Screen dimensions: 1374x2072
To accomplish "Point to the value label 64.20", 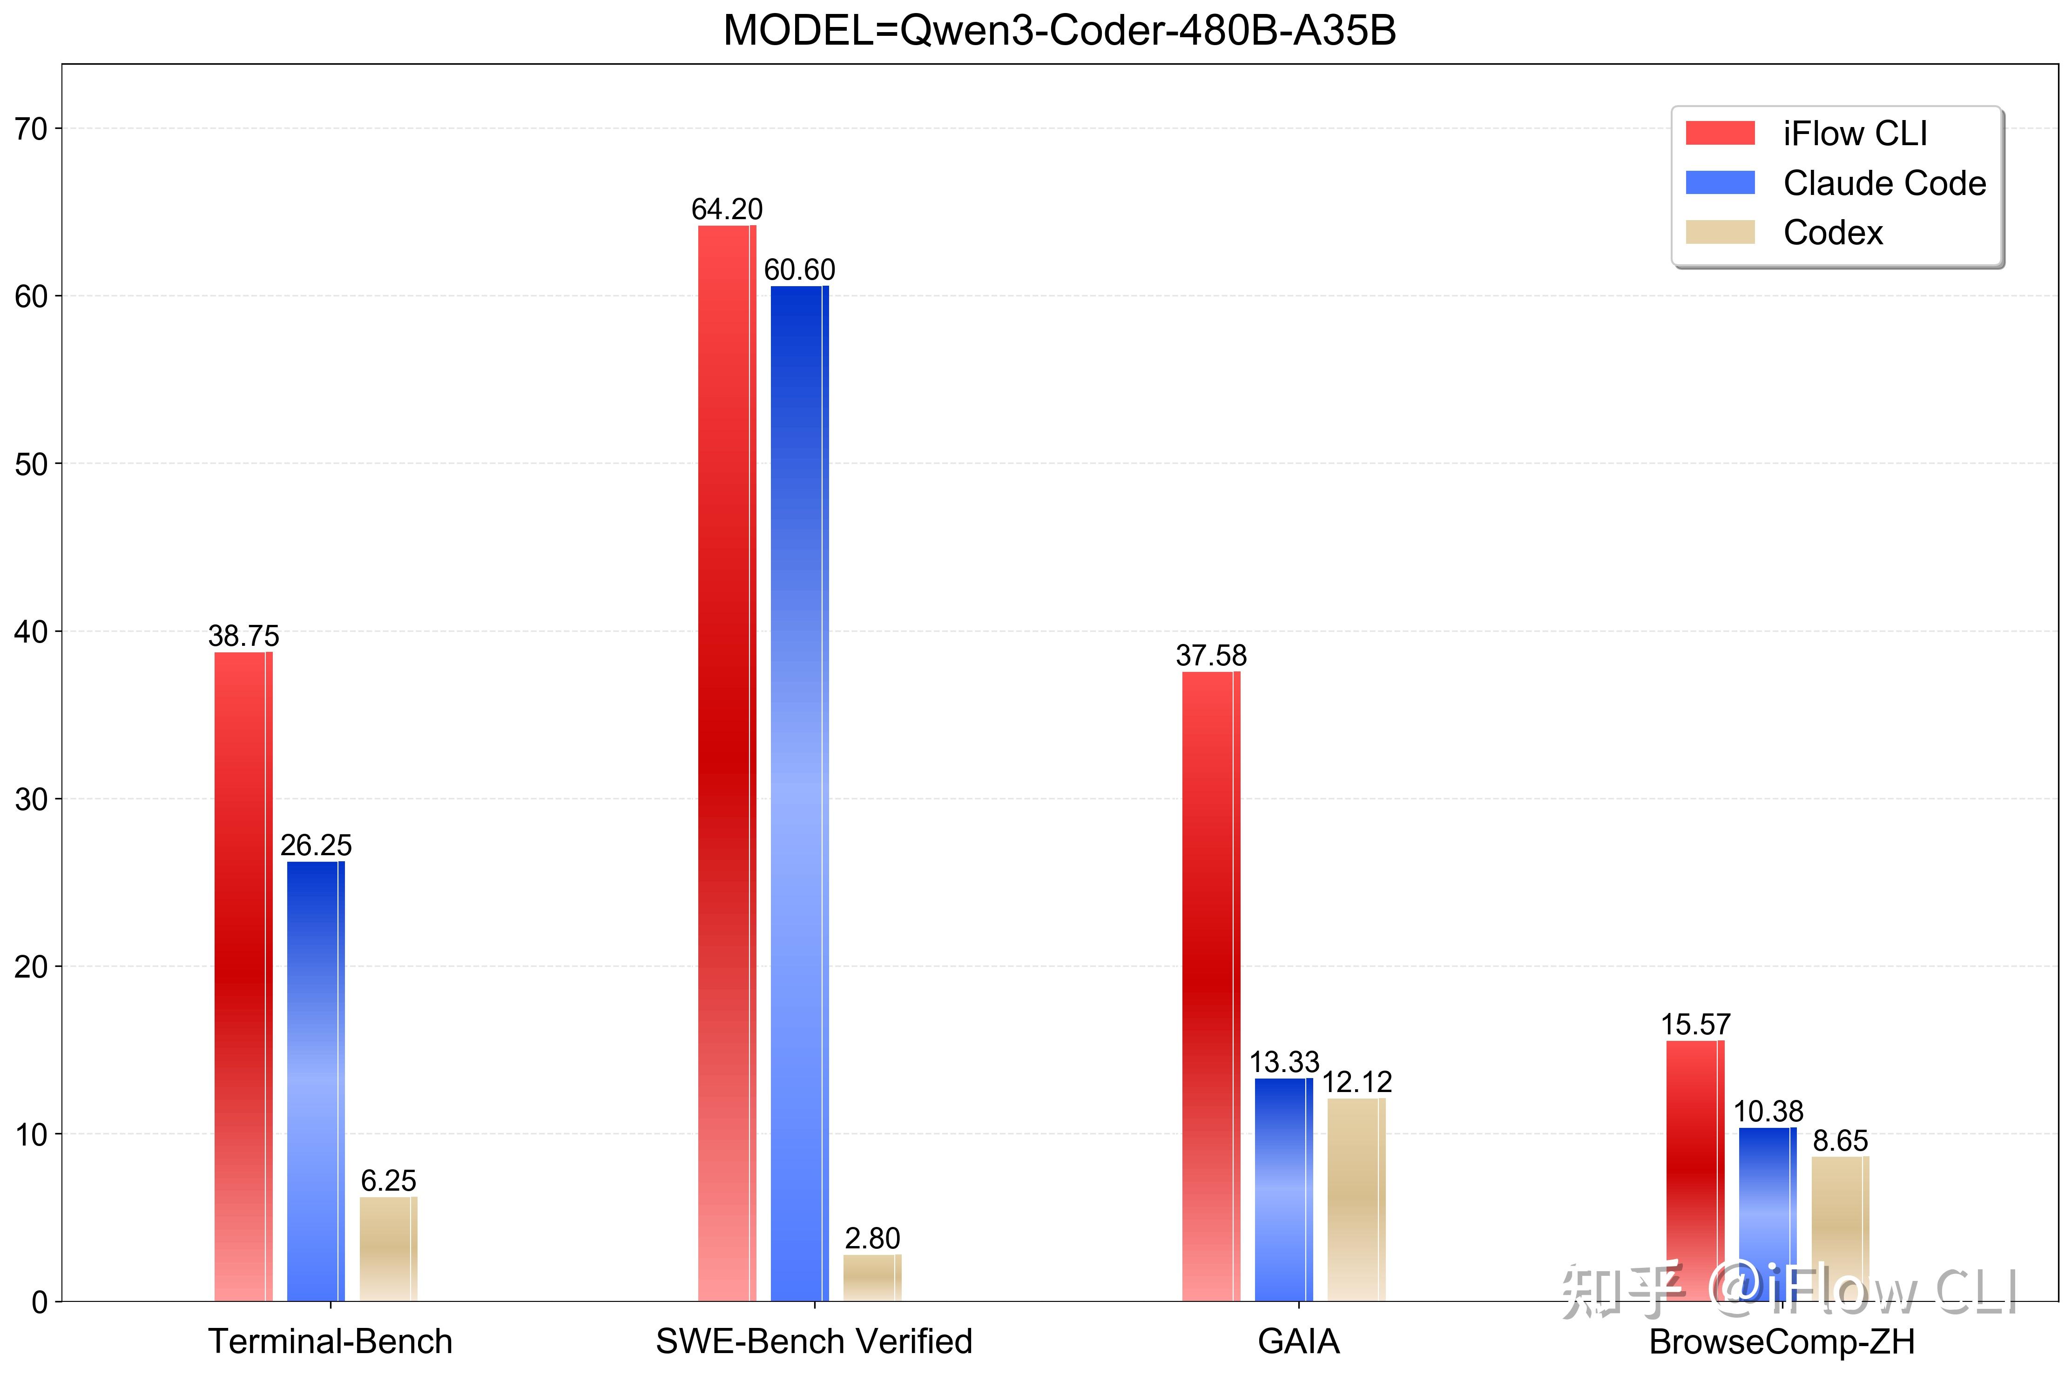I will [727, 209].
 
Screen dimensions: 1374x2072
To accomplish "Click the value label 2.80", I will [872, 1238].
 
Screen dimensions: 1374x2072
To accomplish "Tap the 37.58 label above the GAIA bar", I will [1210, 656].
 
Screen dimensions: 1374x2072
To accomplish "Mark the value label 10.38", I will [1768, 1112].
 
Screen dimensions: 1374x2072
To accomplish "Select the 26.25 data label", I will [316, 845].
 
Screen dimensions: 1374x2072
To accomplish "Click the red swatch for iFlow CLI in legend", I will [1720, 133].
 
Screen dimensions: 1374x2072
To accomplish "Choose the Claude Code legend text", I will [1884, 183].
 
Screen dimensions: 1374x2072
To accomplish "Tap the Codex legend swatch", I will [1720, 232].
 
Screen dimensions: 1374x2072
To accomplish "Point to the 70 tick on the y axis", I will [32, 130].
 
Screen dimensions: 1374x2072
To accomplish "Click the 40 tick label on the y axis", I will [32, 632].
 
